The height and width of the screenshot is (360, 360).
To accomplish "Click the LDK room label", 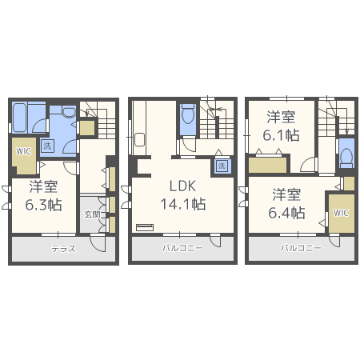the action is point(182,186).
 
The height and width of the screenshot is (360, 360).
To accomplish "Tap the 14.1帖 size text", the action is point(183,204).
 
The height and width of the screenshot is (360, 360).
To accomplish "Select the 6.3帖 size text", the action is point(43,205).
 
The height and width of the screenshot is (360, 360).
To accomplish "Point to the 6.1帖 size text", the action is point(281,135).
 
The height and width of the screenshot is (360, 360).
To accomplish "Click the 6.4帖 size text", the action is point(286,213).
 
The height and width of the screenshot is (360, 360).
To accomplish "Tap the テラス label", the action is point(63,249).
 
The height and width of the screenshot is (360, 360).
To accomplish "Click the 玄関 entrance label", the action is point(92,214).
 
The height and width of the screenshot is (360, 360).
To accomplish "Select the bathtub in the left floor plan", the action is point(20,118).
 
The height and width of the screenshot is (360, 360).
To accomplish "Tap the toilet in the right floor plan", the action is point(347,156).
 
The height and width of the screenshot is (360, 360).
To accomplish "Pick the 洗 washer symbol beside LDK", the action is point(222,166).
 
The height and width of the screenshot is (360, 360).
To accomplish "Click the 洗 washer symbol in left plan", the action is point(47,146).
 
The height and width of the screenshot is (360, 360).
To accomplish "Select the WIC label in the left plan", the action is point(23,151).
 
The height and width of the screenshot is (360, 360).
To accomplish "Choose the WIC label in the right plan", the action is point(341,213).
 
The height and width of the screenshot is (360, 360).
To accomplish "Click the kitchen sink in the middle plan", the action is point(139,139).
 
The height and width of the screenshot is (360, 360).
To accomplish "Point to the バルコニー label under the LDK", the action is point(183,248).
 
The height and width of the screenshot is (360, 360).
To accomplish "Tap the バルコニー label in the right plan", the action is point(301,248).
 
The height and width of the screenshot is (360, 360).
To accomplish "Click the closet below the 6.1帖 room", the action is point(268,165).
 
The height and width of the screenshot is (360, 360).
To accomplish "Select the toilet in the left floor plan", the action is point(69,111).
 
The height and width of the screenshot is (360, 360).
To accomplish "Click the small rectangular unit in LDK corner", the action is point(145,227).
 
